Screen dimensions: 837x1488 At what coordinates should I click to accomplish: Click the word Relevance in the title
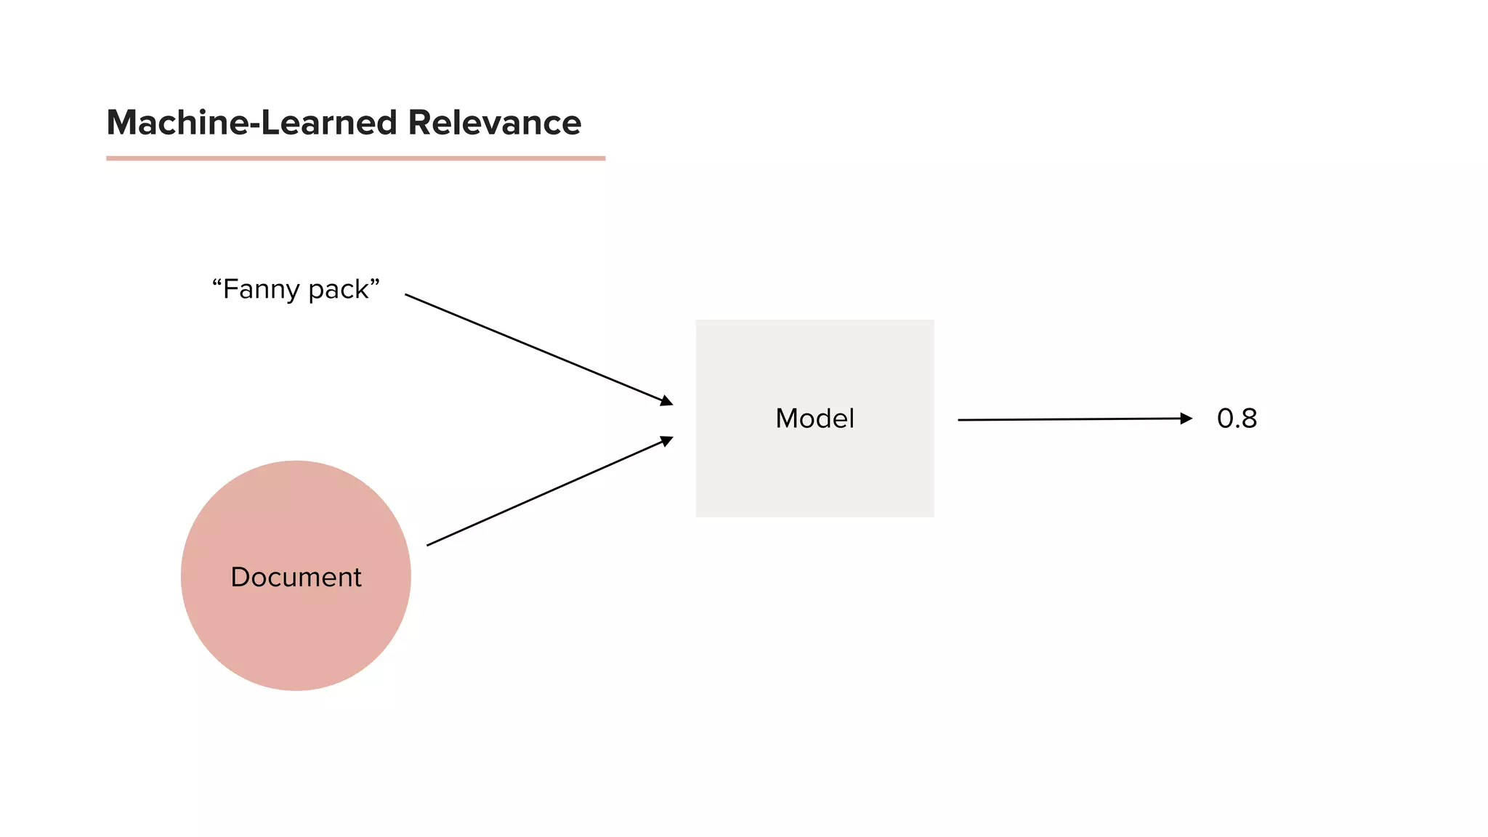click(494, 122)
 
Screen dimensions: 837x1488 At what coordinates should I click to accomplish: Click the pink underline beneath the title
click(355, 158)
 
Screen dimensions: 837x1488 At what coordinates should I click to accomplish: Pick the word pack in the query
click(338, 290)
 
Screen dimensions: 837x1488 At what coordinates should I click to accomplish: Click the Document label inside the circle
click(296, 577)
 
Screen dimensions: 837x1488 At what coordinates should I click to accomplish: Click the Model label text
click(814, 418)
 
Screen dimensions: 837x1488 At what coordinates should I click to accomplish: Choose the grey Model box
click(814, 480)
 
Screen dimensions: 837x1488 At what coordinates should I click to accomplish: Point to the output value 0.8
click(1237, 418)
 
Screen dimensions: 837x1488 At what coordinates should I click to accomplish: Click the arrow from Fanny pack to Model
click(538, 349)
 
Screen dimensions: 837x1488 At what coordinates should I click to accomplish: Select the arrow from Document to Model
click(549, 491)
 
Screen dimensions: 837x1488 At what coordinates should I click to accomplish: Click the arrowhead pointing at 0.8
click(1186, 418)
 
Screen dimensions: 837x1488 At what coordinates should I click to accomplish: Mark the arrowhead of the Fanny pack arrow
click(666, 401)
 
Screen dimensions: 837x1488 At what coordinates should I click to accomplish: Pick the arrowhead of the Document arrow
click(666, 440)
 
